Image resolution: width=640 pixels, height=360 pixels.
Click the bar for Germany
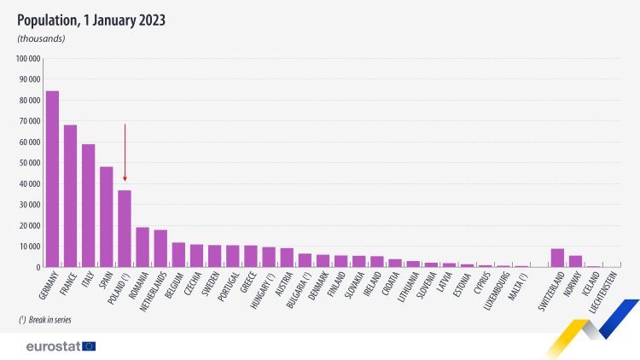(x=52, y=179)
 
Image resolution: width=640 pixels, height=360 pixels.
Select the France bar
(x=70, y=196)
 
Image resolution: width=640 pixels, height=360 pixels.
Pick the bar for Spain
(x=107, y=217)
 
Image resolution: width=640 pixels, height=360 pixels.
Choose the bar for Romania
(x=143, y=247)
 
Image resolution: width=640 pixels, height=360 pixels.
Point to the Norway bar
(x=575, y=261)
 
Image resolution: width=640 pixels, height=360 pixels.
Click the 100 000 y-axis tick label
(x=28, y=59)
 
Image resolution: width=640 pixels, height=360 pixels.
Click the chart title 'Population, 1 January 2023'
(x=91, y=19)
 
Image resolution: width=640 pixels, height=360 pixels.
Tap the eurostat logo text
(x=53, y=345)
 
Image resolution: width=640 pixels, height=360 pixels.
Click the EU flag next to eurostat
(x=89, y=345)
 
